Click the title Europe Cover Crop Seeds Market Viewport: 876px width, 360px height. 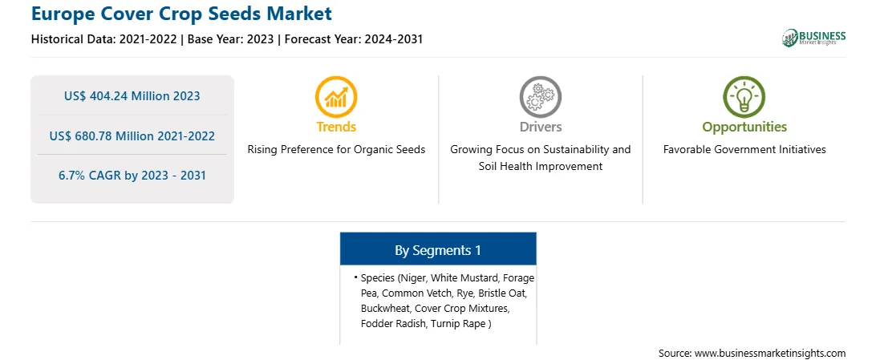pos(181,14)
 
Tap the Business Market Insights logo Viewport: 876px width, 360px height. pos(814,38)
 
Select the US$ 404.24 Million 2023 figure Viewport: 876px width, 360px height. pos(132,96)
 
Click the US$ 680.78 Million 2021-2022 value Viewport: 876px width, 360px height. pos(132,136)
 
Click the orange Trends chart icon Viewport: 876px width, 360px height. pos(336,96)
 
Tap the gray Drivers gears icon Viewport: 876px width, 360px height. pos(540,96)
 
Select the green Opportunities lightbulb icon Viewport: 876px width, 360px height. pos(744,96)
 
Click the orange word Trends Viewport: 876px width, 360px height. pos(336,127)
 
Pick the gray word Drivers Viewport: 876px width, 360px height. pos(540,127)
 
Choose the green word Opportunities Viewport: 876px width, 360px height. pos(744,127)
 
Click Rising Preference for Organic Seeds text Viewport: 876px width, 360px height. pos(336,150)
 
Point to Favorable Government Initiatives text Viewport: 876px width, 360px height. pos(744,150)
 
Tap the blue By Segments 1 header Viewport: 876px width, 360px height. pos(438,250)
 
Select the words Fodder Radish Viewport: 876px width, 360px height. pos(393,324)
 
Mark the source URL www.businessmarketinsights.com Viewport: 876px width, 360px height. pos(770,353)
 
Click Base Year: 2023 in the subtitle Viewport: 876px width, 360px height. pos(230,39)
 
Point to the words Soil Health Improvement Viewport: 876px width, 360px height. pos(540,166)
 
